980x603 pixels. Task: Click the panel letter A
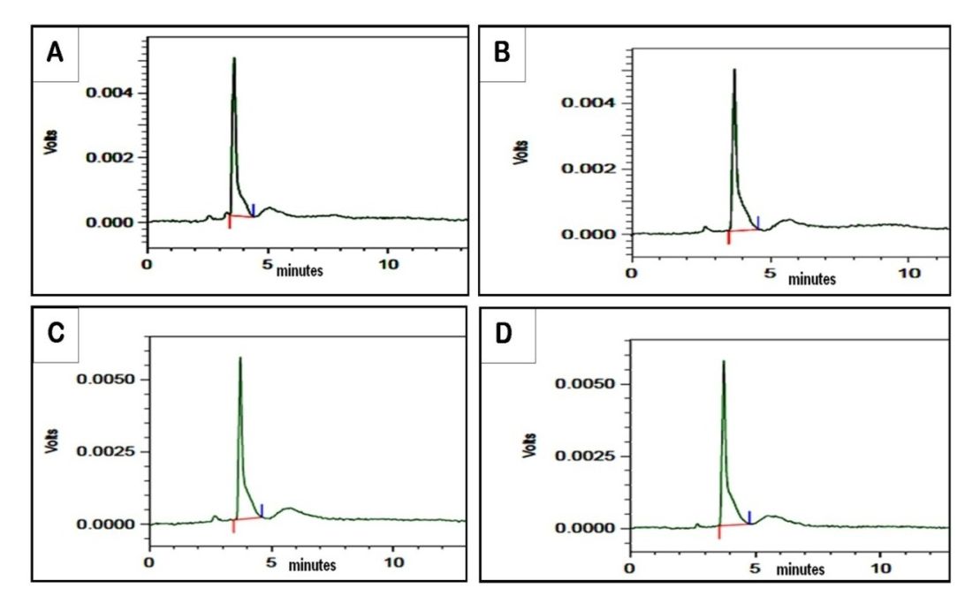coord(55,54)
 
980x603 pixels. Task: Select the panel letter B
coord(502,55)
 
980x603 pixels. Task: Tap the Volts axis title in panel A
coord(51,143)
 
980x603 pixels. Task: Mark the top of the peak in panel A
coord(234,59)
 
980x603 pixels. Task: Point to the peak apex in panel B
coord(734,70)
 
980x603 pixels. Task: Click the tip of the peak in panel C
coord(239,358)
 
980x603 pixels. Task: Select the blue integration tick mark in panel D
coord(749,516)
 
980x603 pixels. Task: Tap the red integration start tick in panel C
coord(233,526)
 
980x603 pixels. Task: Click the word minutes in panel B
coord(812,279)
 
